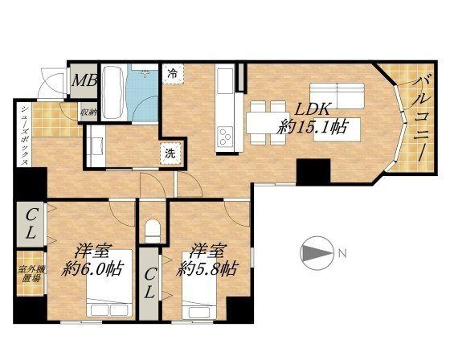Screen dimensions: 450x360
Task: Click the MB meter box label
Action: (84, 80)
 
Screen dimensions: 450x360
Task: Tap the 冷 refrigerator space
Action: (173, 74)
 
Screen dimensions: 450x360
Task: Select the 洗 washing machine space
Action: (170, 153)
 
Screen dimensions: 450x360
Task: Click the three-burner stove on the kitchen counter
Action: (225, 137)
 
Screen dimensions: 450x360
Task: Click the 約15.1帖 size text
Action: (313, 126)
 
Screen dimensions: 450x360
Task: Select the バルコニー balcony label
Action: (421, 118)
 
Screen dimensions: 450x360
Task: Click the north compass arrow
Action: (317, 253)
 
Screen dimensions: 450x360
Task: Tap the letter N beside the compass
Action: (342, 253)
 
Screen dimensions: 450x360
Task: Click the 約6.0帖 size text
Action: (92, 268)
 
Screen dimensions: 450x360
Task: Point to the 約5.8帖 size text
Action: (207, 268)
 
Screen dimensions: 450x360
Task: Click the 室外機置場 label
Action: (31, 273)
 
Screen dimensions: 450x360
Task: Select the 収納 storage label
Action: (88, 112)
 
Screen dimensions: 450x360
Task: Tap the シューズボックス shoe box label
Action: (24, 134)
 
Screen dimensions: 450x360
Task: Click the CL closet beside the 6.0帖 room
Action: (31, 224)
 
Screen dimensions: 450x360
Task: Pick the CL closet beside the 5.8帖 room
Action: (149, 284)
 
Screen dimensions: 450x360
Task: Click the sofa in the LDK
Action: (337, 96)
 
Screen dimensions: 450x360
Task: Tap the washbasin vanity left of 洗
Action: (96, 146)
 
